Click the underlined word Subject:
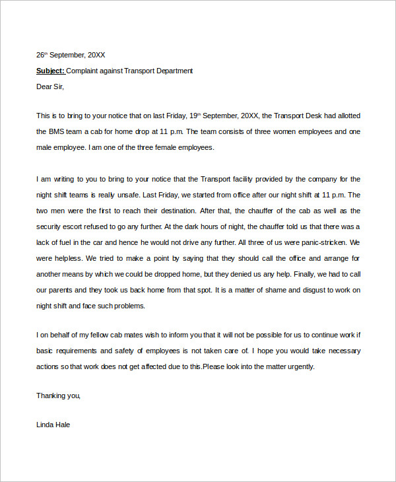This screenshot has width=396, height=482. pos(50,71)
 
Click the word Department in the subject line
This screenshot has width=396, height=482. pos(172,71)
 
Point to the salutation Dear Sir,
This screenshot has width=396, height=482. pos(51,86)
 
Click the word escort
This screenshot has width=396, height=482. pos(79,226)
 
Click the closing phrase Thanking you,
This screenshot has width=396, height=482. pos(58,396)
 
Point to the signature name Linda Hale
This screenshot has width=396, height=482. pos(53,425)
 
